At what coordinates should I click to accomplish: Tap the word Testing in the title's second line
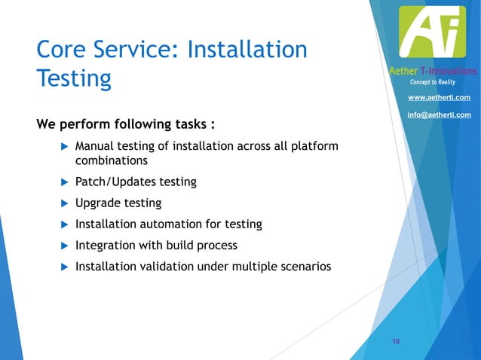(74, 78)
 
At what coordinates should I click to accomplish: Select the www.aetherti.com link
(439, 98)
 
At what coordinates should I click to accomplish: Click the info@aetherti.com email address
(439, 114)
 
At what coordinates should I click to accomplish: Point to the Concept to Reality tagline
(432, 81)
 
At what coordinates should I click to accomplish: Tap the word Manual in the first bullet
(95, 145)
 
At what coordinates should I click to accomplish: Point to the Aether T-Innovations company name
(432, 71)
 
